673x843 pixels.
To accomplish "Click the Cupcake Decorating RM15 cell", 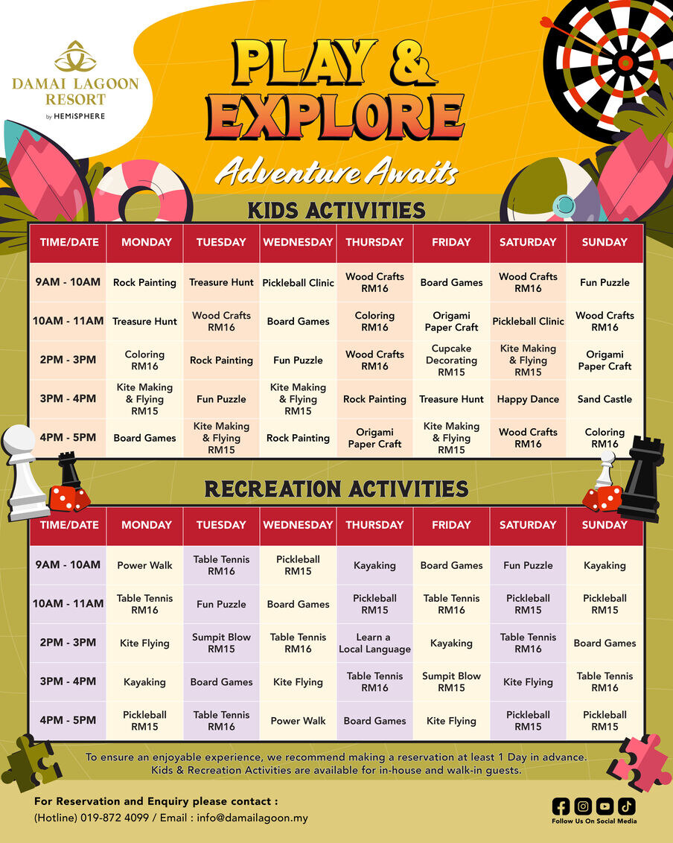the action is coord(451,360).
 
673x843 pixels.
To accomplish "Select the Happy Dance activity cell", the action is coord(528,399).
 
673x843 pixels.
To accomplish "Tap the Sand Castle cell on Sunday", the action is coord(605,399).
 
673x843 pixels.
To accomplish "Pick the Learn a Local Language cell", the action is coord(374,643).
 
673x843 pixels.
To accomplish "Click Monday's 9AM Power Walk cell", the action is coord(144,565).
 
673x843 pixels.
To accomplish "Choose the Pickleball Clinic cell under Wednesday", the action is coord(298,282).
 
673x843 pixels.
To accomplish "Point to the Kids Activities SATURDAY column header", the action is coord(528,243).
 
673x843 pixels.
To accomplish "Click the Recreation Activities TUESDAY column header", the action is coord(221,525).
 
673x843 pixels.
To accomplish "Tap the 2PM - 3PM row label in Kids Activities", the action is coord(68,360).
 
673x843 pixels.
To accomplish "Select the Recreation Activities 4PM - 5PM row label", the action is coord(68,720).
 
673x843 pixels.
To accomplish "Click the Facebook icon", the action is coord(561,807).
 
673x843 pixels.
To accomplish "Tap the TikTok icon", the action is coord(627,807).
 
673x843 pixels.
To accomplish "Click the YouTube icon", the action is coord(605,807).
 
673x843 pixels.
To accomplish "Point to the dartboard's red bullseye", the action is coord(625,63).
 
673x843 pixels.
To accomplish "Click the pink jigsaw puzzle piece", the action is coord(638,763).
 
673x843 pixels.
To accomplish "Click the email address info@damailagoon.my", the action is coord(252,818).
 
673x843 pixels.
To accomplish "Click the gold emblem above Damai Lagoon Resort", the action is coord(75,57).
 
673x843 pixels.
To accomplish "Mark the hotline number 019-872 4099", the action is coord(115,818).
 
